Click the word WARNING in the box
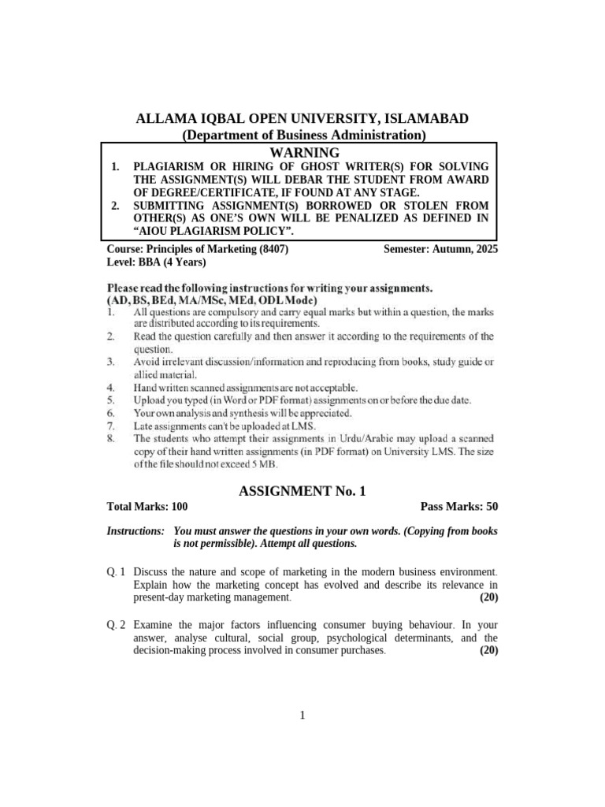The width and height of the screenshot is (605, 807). point(304,152)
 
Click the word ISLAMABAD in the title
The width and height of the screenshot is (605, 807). point(427,119)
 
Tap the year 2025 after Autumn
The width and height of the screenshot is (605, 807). point(484,249)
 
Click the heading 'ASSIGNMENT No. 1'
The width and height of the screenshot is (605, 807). point(302,491)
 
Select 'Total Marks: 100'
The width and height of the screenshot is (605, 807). point(147,507)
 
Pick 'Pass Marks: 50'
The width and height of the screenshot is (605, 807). point(459,507)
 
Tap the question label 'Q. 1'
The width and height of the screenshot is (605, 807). point(117,571)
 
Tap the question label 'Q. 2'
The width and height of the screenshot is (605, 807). point(117,624)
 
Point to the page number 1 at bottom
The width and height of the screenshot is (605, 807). point(302,715)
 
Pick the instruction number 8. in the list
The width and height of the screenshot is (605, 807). point(112,438)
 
